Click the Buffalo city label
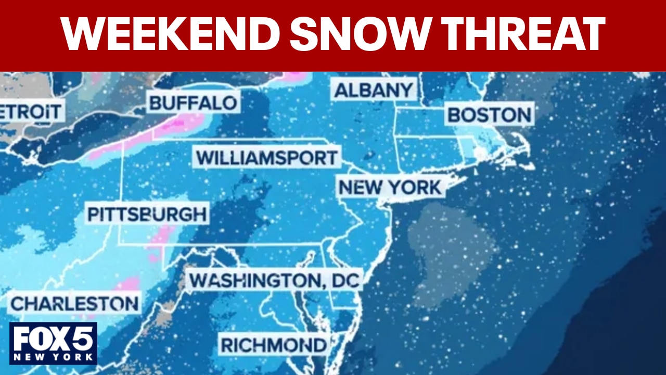coord(193,102)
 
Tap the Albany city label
coord(374,90)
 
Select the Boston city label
coord(490,115)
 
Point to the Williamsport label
coord(267,157)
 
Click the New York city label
coord(390,187)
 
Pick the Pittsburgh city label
coord(147,214)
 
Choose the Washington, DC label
coord(274,281)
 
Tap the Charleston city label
coord(75,303)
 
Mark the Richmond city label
coord(274,344)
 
